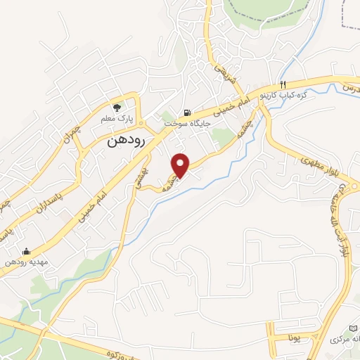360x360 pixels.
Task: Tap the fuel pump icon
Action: click(186, 112)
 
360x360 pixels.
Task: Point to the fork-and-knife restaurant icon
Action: click(282, 84)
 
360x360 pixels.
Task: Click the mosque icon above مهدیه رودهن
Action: click(26, 252)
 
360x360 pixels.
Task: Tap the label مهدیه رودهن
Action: click(26, 262)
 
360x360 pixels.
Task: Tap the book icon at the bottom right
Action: click(354, 328)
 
